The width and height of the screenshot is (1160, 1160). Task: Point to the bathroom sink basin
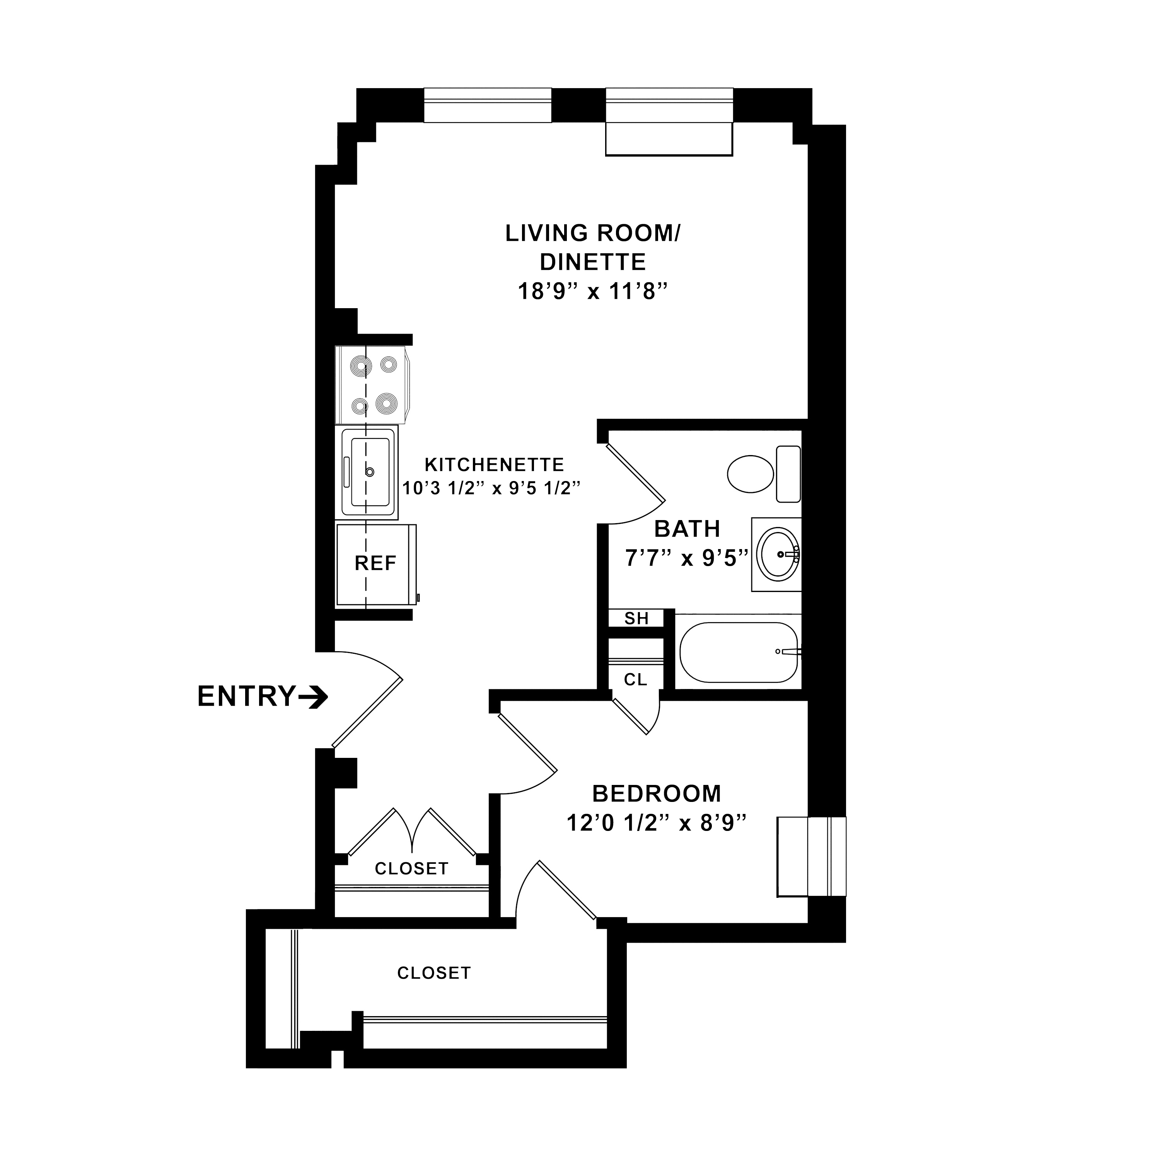[x=778, y=554]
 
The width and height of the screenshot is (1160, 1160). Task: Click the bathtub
[x=739, y=652]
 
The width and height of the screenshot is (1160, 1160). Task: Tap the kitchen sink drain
[x=370, y=472]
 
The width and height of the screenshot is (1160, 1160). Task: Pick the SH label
[x=636, y=618]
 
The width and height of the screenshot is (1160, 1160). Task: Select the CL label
[x=636, y=680]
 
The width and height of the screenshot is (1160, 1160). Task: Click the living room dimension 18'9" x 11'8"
[x=593, y=292]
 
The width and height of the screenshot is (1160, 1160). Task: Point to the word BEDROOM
[x=657, y=794]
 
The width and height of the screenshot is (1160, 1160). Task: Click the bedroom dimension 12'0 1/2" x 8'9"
[x=657, y=822]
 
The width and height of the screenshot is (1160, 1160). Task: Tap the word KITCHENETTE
[x=494, y=465]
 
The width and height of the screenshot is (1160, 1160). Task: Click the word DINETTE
[x=593, y=263]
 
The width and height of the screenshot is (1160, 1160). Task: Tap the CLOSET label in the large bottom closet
[x=434, y=973]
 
